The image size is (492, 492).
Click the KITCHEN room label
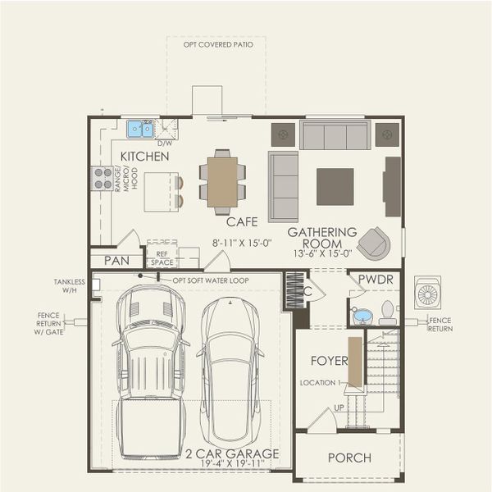click(x=145, y=156)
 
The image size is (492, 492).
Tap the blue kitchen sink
click(x=140, y=129)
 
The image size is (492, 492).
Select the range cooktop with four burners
click(x=102, y=178)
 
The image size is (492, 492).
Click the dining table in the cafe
click(x=222, y=182)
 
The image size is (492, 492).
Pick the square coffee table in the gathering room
click(x=335, y=186)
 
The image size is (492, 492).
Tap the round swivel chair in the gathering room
click(x=374, y=242)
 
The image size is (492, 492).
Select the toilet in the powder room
click(x=387, y=312)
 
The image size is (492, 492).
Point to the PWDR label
click(x=375, y=280)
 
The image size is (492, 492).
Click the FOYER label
click(x=330, y=361)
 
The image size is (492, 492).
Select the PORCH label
click(x=348, y=458)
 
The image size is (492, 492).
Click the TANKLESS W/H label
click(x=70, y=286)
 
